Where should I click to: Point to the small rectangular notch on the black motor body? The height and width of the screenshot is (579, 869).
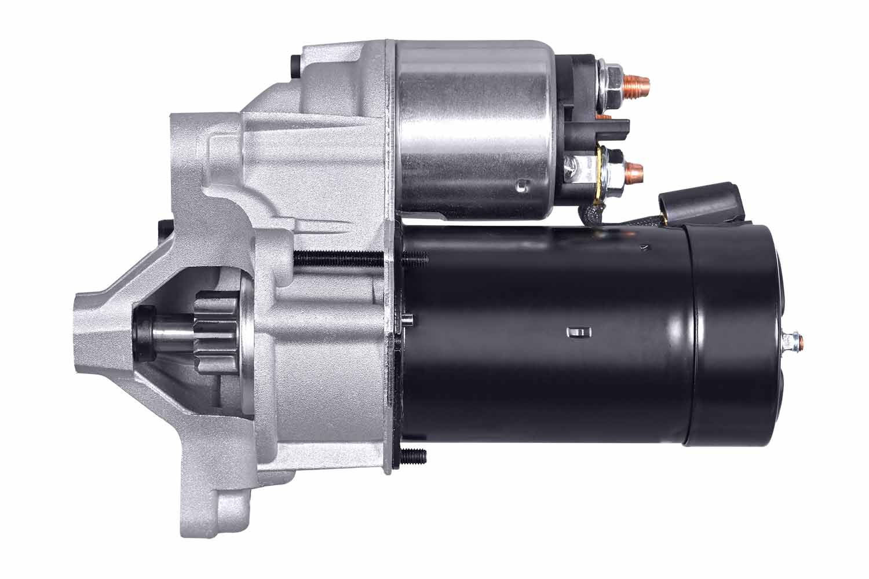click(x=577, y=332)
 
